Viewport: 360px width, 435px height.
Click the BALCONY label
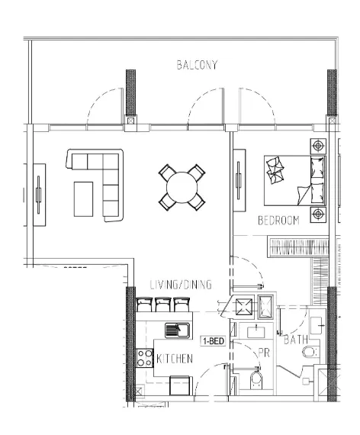pos(196,65)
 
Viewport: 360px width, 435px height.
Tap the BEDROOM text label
pos(278,221)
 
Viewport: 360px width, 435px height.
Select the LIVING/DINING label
pos(180,285)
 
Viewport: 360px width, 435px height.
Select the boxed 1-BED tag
pos(213,341)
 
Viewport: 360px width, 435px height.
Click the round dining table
pos(182,186)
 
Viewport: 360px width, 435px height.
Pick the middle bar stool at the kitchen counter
pos(162,304)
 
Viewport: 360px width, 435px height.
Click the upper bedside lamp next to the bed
pos(318,146)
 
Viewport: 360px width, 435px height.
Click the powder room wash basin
pos(254,330)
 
